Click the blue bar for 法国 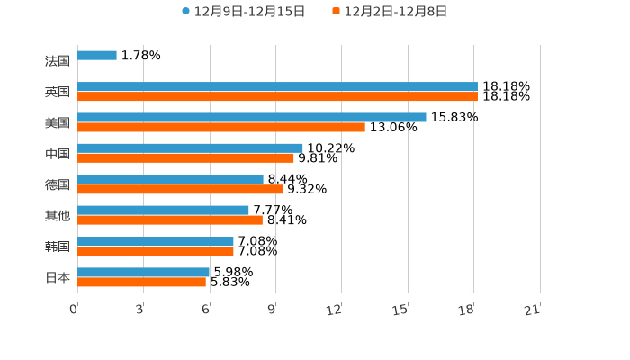point(97,56)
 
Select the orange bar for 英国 point(277,96)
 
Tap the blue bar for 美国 point(252,117)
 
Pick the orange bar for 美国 point(221,127)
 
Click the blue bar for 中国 point(190,148)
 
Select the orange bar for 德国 point(180,189)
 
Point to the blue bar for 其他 point(163,210)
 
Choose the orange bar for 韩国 point(156,251)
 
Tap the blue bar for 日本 point(144,272)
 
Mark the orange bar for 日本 point(141,282)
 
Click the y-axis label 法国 point(58,61)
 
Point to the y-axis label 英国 point(58,92)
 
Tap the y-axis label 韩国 point(58,247)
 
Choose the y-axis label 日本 point(58,277)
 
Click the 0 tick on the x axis point(75,310)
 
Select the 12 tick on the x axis point(335,310)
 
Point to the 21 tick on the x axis point(533,310)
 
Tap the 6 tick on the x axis point(206,310)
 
